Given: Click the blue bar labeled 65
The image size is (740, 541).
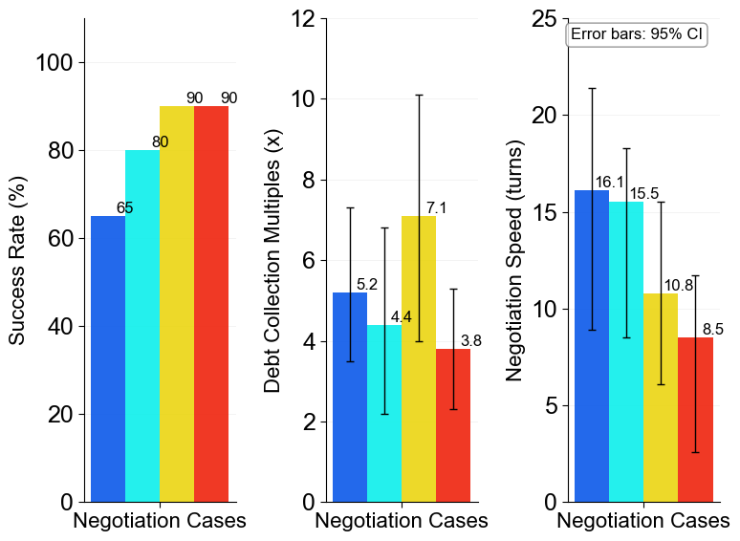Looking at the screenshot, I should [x=108, y=358].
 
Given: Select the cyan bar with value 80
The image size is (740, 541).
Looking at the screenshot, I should [x=142, y=325].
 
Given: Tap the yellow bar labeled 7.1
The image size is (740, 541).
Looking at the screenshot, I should [x=419, y=358].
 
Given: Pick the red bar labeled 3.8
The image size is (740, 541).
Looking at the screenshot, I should [x=453, y=425].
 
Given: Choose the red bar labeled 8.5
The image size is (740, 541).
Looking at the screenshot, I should [x=695, y=420].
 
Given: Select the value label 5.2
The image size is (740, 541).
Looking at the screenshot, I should [x=367, y=285].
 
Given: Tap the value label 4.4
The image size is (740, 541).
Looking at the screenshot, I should [x=401, y=317].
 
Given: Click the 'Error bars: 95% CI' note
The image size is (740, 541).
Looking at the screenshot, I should [x=637, y=34].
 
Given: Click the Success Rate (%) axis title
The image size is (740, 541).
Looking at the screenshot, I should [x=17, y=260].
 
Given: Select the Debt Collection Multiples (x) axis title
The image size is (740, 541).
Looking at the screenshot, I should [x=272, y=260].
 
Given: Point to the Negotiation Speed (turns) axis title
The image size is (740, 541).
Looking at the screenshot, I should [x=515, y=260].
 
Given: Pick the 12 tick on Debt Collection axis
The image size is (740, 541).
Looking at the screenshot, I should [x=304, y=18].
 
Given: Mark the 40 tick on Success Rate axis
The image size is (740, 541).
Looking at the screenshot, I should [x=60, y=326].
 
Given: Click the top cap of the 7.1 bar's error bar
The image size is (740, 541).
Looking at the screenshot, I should [x=419, y=95].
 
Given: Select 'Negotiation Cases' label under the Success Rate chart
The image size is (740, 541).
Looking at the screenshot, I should [x=160, y=521].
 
